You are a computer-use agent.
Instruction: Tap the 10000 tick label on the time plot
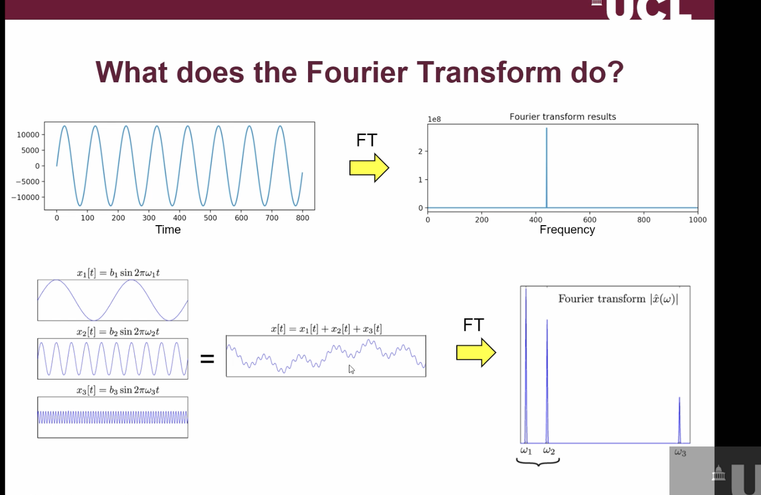point(28,135)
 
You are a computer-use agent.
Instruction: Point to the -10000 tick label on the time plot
point(26,197)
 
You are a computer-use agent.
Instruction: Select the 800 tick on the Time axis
point(303,218)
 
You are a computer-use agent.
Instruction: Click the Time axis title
point(168,230)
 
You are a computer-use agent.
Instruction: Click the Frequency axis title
point(567,230)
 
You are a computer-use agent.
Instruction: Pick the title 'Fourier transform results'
point(563,117)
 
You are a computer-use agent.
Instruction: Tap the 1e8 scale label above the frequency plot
point(434,119)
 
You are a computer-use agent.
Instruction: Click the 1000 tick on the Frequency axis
point(697,220)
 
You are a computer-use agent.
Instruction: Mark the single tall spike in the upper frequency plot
point(547,164)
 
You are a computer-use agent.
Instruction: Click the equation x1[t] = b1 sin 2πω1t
point(118,273)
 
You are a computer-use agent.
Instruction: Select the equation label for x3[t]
point(118,390)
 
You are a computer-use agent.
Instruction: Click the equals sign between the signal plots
point(207,359)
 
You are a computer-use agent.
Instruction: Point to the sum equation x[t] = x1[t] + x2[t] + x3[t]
point(326,329)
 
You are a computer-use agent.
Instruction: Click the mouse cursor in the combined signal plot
point(352,370)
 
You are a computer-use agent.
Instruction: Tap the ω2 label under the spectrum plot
point(549,451)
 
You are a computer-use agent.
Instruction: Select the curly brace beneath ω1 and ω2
point(538,462)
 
